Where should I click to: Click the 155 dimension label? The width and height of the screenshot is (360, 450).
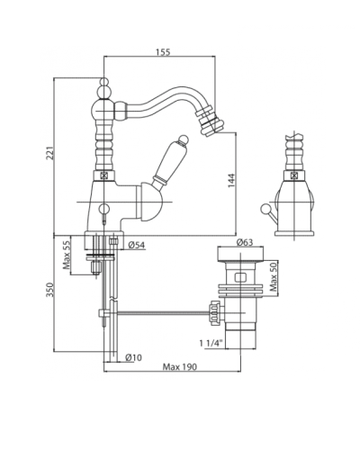pyautogui.click(x=163, y=52)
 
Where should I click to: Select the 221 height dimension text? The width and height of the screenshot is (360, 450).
pyautogui.click(x=50, y=153)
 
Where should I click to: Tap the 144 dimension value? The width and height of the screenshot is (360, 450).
pyautogui.click(x=231, y=181)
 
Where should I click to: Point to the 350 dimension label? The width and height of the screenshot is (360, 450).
pyautogui.click(x=50, y=290)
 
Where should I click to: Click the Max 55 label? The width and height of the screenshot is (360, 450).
pyautogui.click(x=67, y=256)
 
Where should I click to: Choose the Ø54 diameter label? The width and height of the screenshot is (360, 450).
pyautogui.click(x=137, y=246)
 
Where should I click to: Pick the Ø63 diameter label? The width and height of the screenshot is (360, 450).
pyautogui.click(x=245, y=242)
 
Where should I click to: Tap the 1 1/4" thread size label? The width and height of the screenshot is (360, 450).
pyautogui.click(x=211, y=343)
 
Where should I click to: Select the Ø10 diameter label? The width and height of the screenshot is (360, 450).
pyautogui.click(x=134, y=357)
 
